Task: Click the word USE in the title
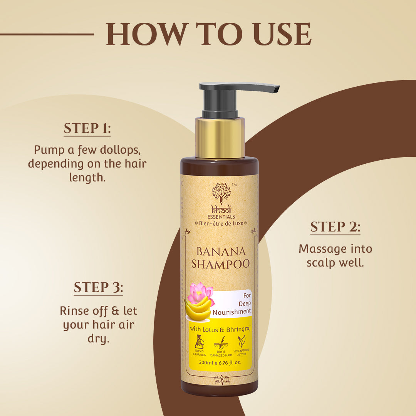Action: click(x=282, y=34)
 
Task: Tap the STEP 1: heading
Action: click(x=87, y=128)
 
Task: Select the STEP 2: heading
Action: click(x=335, y=227)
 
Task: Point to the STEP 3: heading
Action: click(x=99, y=287)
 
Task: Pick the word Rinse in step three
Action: click(x=71, y=311)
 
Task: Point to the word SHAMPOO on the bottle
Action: click(x=221, y=264)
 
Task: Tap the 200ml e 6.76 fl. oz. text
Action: click(x=220, y=362)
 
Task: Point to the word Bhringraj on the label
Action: click(x=238, y=329)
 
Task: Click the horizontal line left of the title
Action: click(x=47, y=34)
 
